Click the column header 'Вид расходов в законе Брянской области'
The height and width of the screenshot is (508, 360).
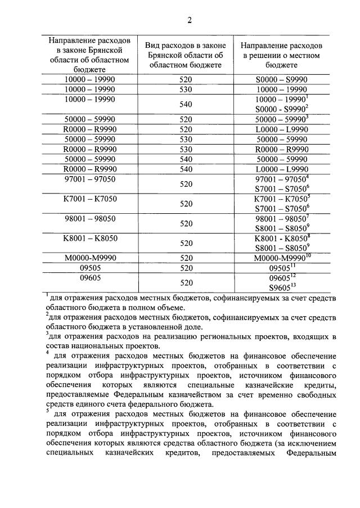[x=186, y=55]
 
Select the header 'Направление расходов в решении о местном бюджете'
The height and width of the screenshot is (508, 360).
[x=281, y=55]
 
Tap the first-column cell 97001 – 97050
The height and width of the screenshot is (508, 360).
[x=90, y=179]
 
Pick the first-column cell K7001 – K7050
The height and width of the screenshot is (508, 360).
[x=90, y=199]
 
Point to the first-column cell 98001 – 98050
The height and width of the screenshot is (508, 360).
[x=90, y=218]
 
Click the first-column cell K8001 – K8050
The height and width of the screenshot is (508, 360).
[x=90, y=238]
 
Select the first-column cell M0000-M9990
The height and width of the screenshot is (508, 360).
[x=90, y=257]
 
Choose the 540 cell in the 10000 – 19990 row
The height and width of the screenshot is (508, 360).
[x=186, y=104]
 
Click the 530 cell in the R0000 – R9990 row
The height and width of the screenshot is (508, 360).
[x=186, y=149]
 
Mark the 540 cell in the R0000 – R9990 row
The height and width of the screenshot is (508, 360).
[x=186, y=169]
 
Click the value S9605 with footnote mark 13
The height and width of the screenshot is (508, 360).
[x=282, y=287]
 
